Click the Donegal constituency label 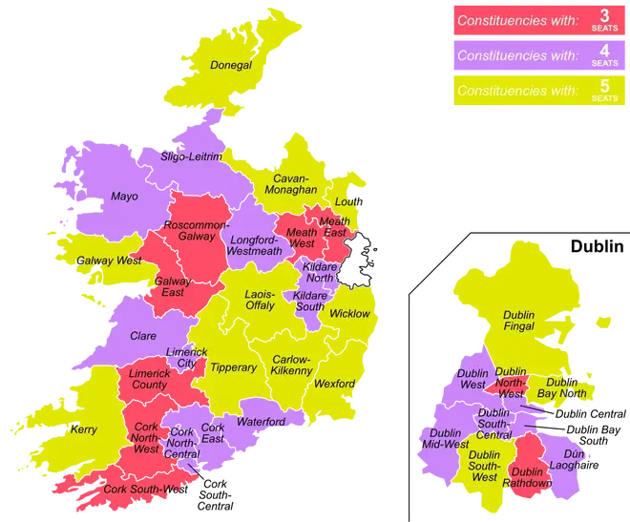pyautogui.click(x=231, y=66)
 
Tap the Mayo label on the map pyautogui.click(x=124, y=197)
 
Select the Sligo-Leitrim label pyautogui.click(x=191, y=156)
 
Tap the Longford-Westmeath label pyautogui.click(x=255, y=245)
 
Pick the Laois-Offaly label pyautogui.click(x=261, y=300)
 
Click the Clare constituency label pyautogui.click(x=142, y=336)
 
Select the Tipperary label pyautogui.click(x=233, y=367)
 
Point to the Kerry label pyautogui.click(x=84, y=429)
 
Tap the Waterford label pyautogui.click(x=262, y=422)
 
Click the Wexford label pyautogui.click(x=334, y=384)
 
